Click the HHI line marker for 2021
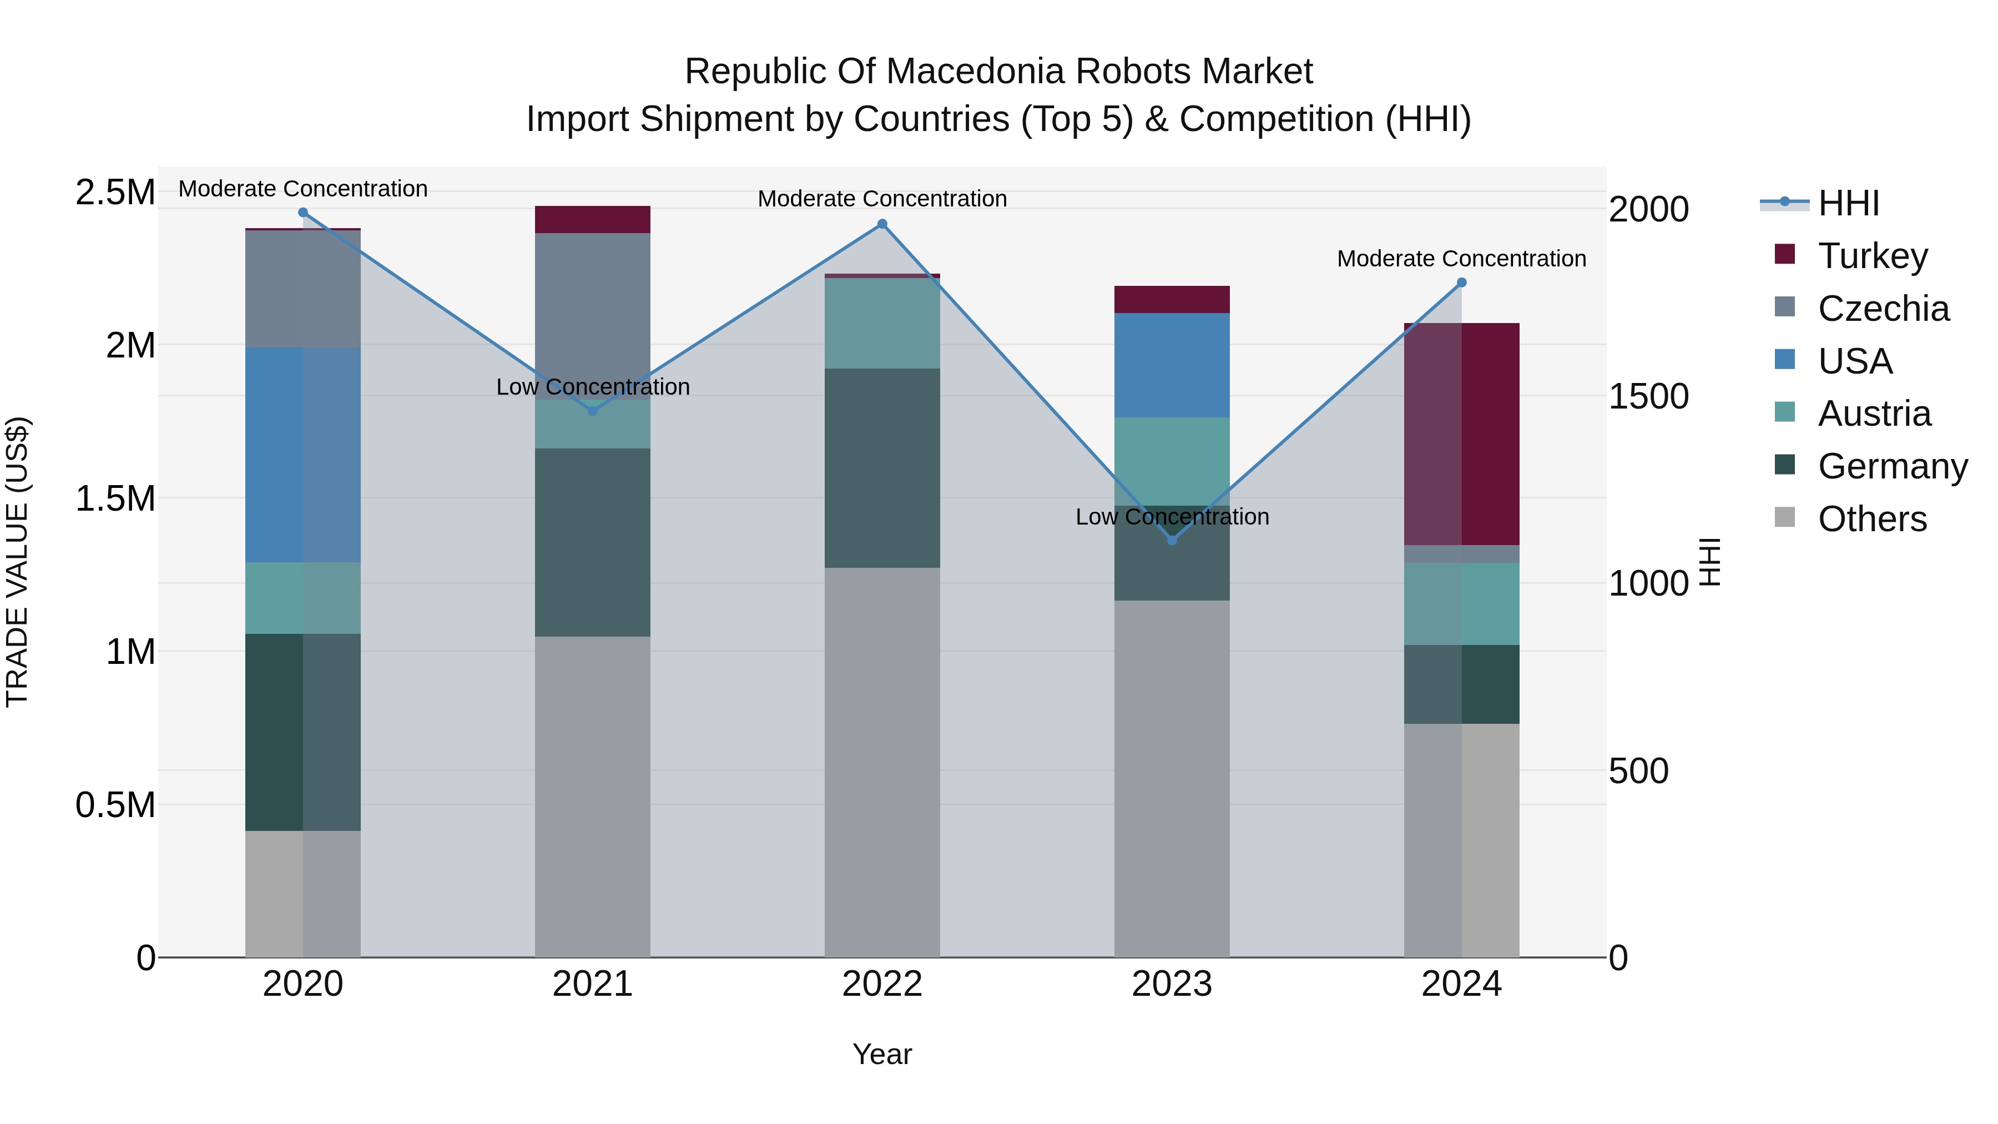pyautogui.click(x=593, y=411)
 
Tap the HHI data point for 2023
pyautogui.click(x=1172, y=540)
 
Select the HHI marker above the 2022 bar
pyautogui.click(x=882, y=224)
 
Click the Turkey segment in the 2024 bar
pyautogui.click(x=1461, y=435)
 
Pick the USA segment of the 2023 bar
pyautogui.click(x=1172, y=365)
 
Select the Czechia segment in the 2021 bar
pyautogui.click(x=593, y=310)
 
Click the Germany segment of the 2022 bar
pyautogui.click(x=882, y=468)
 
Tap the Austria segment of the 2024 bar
pyautogui.click(x=1461, y=603)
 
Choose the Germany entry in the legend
pyautogui.click(x=1893, y=466)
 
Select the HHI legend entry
pyautogui.click(x=1848, y=203)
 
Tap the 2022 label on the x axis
pyautogui.click(x=882, y=984)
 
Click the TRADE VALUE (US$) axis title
pyautogui.click(x=17, y=562)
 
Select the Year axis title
pyautogui.click(x=882, y=1054)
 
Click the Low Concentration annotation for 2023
pyautogui.click(x=1172, y=517)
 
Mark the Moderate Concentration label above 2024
pyautogui.click(x=1461, y=258)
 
